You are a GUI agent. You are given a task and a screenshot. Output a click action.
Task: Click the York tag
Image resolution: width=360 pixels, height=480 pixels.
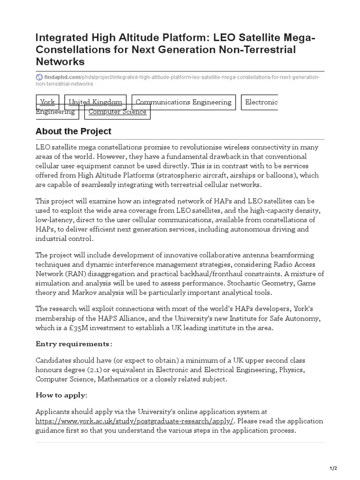coord(47,102)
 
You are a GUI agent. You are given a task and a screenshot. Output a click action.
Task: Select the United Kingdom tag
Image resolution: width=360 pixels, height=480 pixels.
coord(96,102)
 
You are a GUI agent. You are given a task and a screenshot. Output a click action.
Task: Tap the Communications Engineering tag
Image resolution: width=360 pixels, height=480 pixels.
coord(183,102)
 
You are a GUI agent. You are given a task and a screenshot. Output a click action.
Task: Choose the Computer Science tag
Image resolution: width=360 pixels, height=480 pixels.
coord(117,112)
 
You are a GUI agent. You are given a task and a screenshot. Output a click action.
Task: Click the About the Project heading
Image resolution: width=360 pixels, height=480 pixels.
coord(74,131)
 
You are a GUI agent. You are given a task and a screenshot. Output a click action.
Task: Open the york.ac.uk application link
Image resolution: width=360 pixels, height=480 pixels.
coord(135,421)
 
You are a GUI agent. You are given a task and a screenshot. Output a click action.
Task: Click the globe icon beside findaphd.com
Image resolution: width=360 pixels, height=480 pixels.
coord(39,77)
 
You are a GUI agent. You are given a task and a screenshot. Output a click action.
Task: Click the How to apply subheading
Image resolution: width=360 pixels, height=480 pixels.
coord(61,395)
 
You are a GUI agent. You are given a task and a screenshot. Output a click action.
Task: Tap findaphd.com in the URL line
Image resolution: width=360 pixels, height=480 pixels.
coord(62,77)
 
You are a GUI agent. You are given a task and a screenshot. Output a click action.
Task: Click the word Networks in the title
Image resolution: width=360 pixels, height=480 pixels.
coord(60,61)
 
